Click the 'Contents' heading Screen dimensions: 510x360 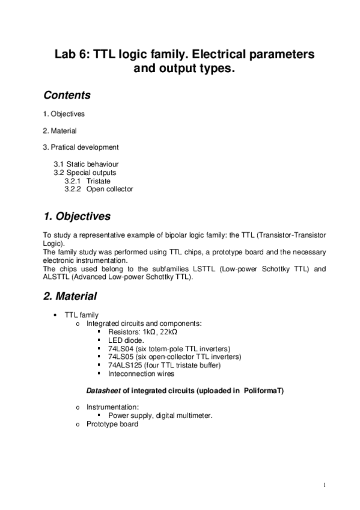(67, 95)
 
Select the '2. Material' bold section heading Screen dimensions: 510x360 (70, 296)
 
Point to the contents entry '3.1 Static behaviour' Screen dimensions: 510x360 (85, 164)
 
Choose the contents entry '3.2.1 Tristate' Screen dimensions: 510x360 (87, 180)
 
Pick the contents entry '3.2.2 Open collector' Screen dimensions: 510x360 (99, 189)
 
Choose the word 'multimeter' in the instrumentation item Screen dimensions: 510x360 (194, 416)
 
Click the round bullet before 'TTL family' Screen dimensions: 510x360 (55, 315)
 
